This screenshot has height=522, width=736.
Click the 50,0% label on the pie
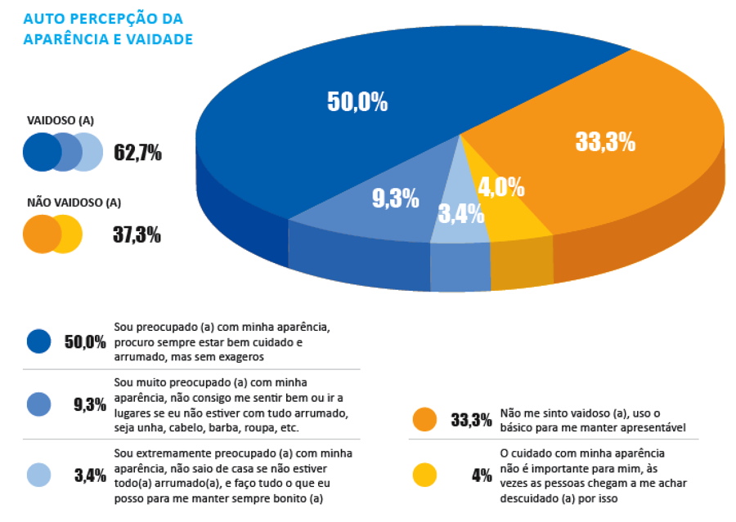(x=357, y=102)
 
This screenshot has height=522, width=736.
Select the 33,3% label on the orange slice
(x=605, y=142)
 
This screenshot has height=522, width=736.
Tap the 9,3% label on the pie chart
(x=395, y=198)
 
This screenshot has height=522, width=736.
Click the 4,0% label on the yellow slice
(x=500, y=187)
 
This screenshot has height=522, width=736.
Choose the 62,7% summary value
(x=137, y=153)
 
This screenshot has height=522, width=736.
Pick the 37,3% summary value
(x=137, y=235)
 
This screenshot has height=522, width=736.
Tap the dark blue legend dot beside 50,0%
(x=38, y=341)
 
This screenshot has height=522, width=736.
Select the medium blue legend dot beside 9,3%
(x=38, y=404)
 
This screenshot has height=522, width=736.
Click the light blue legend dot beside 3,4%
(x=38, y=475)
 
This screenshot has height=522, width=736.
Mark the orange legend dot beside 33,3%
(x=424, y=420)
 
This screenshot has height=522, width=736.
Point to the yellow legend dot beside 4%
(x=424, y=475)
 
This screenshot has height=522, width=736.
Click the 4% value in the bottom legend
(x=482, y=475)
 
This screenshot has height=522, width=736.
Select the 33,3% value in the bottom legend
(x=472, y=421)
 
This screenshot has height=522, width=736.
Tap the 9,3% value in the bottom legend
(x=89, y=404)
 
